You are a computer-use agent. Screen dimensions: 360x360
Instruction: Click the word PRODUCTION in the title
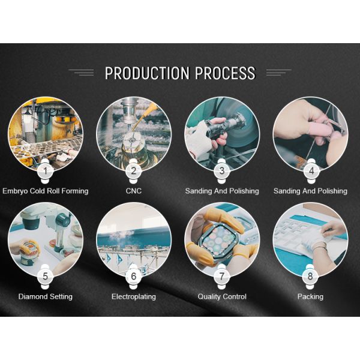coord(147,73)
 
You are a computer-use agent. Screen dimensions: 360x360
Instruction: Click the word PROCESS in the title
coord(225,73)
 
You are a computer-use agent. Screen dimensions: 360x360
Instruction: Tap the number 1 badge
coord(45,171)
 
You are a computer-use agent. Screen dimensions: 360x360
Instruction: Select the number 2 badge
coord(134,171)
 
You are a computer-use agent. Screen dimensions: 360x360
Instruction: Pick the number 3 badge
coord(222,171)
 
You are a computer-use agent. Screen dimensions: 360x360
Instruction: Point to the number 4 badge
coord(311,171)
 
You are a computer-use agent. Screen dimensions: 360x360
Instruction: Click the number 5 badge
coord(45,277)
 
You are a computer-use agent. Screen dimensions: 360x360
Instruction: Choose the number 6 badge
coord(134,277)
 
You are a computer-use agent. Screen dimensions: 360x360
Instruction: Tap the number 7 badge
coord(222,277)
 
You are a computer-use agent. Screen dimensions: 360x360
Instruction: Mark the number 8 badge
coord(310,277)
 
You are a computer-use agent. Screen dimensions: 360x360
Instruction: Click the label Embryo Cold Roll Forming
coord(46,191)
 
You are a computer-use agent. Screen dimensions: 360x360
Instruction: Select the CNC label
coord(134,191)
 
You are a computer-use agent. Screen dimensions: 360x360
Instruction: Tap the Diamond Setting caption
coord(46,296)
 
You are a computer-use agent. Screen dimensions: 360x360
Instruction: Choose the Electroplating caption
coord(134,296)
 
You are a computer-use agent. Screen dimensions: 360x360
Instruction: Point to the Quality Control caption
coord(222,296)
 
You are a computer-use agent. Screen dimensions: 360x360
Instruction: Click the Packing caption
coord(310,296)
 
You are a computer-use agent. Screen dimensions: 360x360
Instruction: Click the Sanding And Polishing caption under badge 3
coord(222,191)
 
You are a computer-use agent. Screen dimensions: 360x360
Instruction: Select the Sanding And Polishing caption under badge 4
coord(310,191)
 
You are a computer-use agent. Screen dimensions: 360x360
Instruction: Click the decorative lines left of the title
coord(81,73)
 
